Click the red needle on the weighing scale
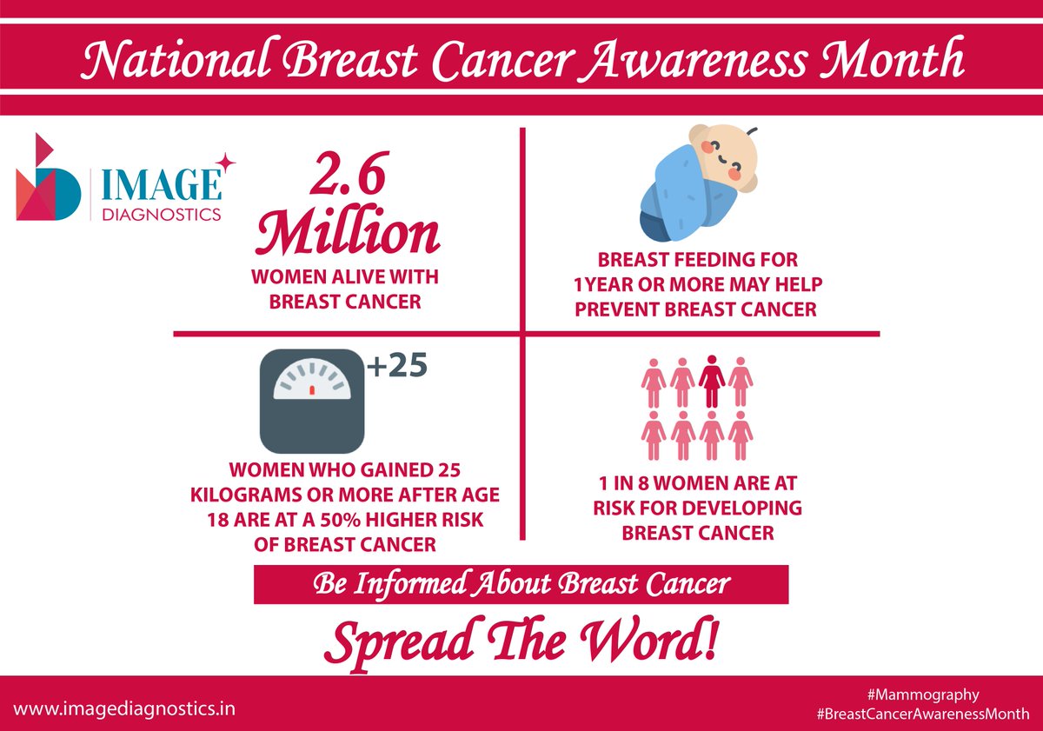312,391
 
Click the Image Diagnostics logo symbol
49,177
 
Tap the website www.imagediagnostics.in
123,708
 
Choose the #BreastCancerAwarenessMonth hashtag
923,714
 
